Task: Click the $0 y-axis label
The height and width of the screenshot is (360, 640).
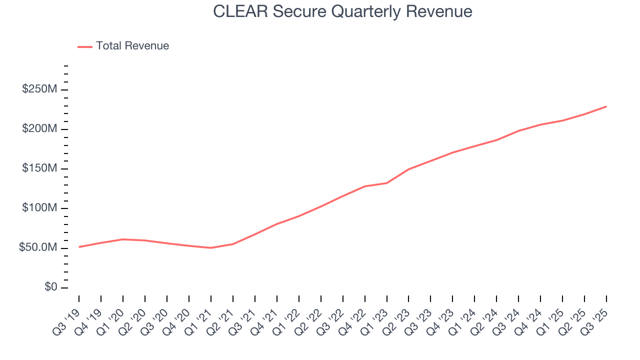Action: pyautogui.click(x=50, y=287)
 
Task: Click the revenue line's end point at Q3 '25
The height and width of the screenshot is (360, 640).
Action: pyautogui.click(x=606, y=106)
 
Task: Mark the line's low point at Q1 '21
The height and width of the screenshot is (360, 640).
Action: pyautogui.click(x=211, y=247)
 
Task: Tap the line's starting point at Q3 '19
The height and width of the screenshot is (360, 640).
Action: pyautogui.click(x=79, y=247)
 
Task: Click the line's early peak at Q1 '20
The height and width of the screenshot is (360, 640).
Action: pyautogui.click(x=123, y=239)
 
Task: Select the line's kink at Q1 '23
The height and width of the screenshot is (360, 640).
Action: pyautogui.click(x=387, y=183)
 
